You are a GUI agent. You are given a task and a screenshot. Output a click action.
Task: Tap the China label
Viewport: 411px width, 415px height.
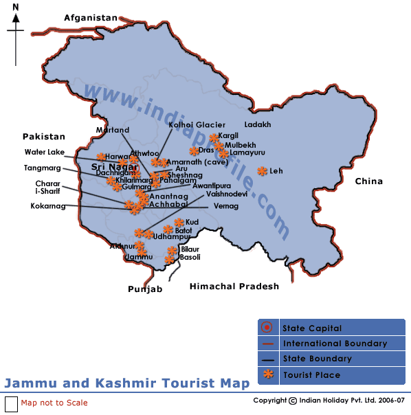pyautogui.click(x=368, y=181)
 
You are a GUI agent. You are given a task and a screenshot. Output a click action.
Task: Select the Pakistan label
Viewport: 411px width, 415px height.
pyautogui.click(x=43, y=137)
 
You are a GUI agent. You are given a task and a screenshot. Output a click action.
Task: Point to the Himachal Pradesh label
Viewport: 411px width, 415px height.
pyautogui.click(x=234, y=286)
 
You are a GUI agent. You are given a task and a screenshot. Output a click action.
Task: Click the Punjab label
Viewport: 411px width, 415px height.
pyautogui.click(x=145, y=289)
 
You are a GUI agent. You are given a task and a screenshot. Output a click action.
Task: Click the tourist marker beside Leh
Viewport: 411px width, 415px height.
pyautogui.click(x=262, y=171)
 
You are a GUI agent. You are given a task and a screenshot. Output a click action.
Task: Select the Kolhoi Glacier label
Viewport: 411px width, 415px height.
pyautogui.click(x=197, y=125)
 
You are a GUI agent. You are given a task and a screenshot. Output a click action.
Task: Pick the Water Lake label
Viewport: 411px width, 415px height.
pyautogui.click(x=44, y=152)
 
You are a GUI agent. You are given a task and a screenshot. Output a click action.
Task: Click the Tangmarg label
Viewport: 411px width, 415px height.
pyautogui.click(x=41, y=168)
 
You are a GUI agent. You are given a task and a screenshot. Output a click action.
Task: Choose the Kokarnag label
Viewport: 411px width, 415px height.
pyautogui.click(x=47, y=205)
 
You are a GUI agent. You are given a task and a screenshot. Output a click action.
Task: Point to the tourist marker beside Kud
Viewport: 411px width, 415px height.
pyautogui.click(x=179, y=222)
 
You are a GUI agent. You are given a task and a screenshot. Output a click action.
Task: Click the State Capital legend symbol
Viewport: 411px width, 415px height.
pyautogui.click(x=268, y=328)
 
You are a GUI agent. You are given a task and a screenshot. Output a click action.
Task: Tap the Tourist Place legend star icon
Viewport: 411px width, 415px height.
pyautogui.click(x=268, y=374)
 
